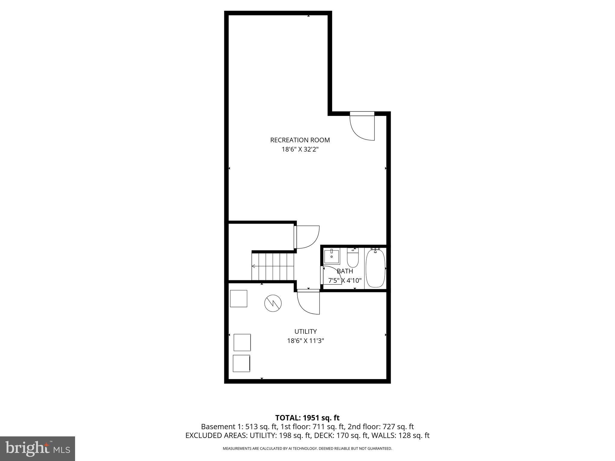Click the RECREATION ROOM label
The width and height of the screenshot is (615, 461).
[300, 140]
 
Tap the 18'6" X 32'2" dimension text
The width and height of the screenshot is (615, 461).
[300, 149]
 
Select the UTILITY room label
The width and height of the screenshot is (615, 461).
[305, 331]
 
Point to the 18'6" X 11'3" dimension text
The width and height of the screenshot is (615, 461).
[305, 341]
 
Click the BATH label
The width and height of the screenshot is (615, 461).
[345, 271]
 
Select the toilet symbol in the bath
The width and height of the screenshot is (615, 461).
[353, 258]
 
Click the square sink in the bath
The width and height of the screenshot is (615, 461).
[332, 257]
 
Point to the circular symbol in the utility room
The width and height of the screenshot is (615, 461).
[273, 303]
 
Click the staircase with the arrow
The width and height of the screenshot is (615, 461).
[272, 266]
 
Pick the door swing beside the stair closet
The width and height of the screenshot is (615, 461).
[307, 237]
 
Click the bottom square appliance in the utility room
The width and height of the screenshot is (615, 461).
[241, 363]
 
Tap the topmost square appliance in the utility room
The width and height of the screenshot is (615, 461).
[238, 299]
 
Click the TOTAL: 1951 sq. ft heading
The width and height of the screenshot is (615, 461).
[307, 418]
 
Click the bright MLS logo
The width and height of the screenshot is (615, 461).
[38, 449]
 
